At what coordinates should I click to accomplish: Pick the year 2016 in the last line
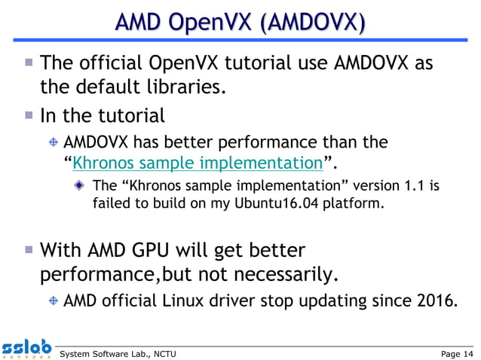point(434,302)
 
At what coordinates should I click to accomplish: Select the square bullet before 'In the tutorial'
point(28,115)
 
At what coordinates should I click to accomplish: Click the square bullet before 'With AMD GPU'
point(28,248)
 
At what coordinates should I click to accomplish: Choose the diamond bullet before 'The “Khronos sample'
point(80,185)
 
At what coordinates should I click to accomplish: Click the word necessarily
point(280,275)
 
